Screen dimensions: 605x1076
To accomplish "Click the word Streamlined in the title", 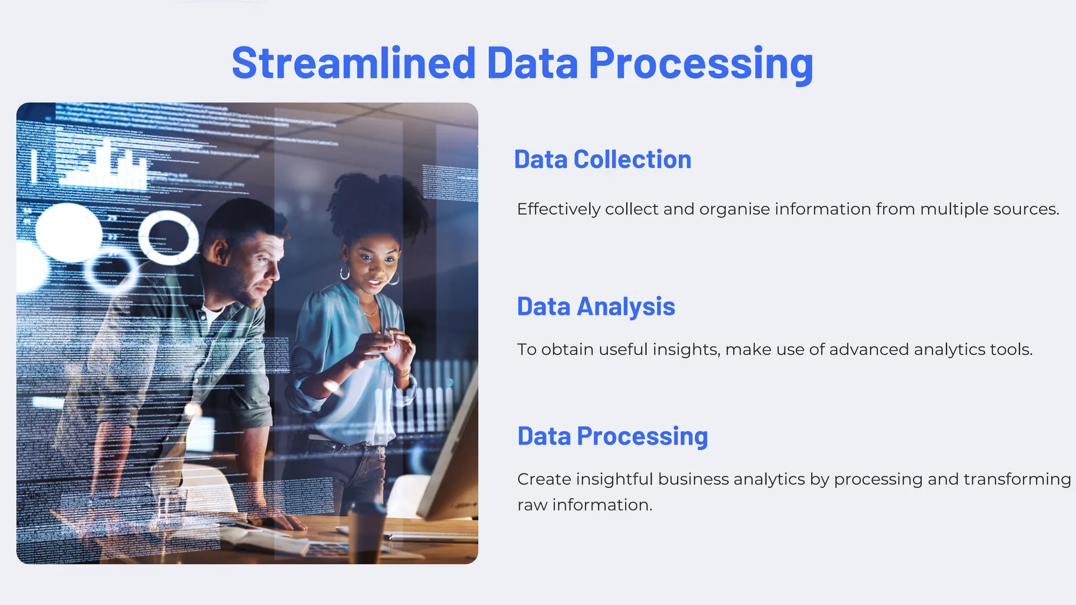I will pyautogui.click(x=353, y=63).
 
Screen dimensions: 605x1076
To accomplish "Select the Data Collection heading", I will pyautogui.click(x=603, y=160).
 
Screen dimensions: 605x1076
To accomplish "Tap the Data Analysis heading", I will pyautogui.click(x=596, y=307).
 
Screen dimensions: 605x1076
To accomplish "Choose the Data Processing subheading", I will pyautogui.click(x=613, y=436).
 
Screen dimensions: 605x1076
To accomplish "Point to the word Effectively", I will pyautogui.click(x=558, y=209).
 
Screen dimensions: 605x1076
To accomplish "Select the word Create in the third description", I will pyautogui.click(x=544, y=479).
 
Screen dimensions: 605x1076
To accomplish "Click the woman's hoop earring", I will pyautogui.click(x=345, y=272).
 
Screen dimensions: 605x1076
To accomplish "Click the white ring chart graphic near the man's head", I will pyautogui.click(x=168, y=237).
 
